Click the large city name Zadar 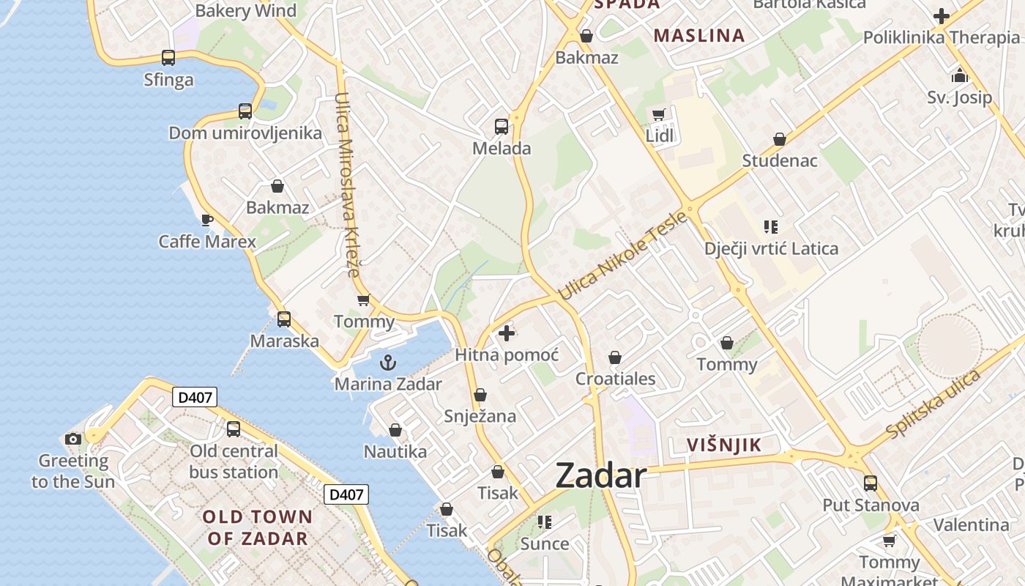pyautogui.click(x=600, y=476)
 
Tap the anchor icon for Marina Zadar pyautogui.click(x=387, y=363)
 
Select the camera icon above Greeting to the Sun pyautogui.click(x=73, y=439)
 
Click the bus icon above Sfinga pyautogui.click(x=168, y=58)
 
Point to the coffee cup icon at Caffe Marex pyautogui.click(x=207, y=220)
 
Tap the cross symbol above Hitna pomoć pyautogui.click(x=506, y=334)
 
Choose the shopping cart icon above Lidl pyautogui.click(x=658, y=114)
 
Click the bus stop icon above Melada pyautogui.click(x=502, y=127)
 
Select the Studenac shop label pyautogui.click(x=780, y=160)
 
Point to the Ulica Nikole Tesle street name pyautogui.click(x=623, y=256)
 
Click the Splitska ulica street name pyautogui.click(x=933, y=404)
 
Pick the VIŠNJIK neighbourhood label pyautogui.click(x=723, y=445)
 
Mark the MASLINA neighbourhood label pyautogui.click(x=698, y=35)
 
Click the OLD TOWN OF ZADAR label pyautogui.click(x=257, y=527)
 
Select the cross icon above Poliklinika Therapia pyautogui.click(x=942, y=15)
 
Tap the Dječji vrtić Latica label pyautogui.click(x=771, y=248)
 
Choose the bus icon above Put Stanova pyautogui.click(x=871, y=483)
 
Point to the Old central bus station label pyautogui.click(x=234, y=461)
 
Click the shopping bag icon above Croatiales pyautogui.click(x=615, y=357)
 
